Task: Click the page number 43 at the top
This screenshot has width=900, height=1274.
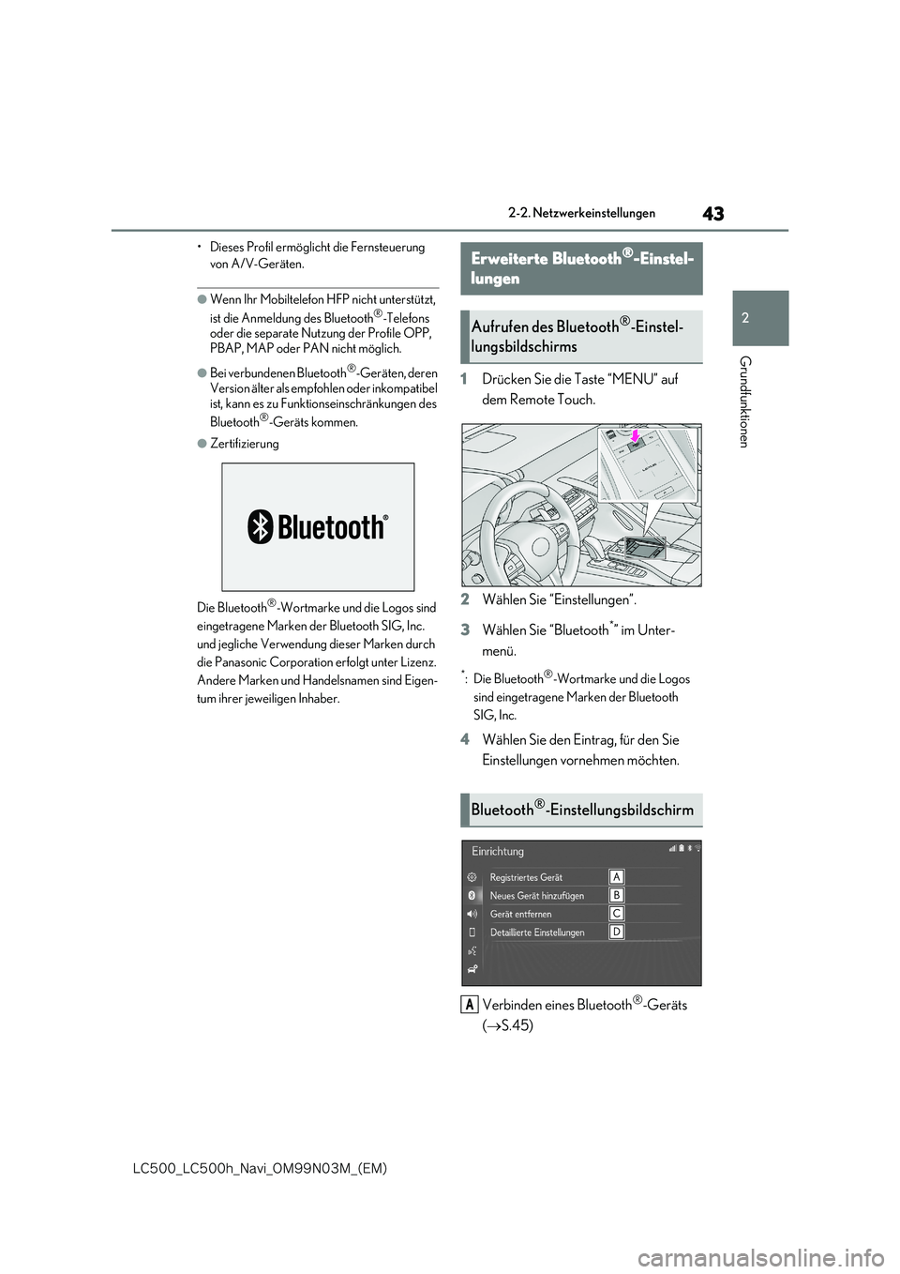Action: point(712,214)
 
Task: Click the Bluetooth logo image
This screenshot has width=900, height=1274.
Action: point(318,527)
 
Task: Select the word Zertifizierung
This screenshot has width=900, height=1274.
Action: point(244,444)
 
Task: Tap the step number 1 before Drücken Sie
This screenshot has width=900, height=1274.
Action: point(464,379)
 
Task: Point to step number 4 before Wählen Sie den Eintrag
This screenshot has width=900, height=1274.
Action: point(464,740)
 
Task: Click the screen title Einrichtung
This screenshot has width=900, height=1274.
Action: point(498,852)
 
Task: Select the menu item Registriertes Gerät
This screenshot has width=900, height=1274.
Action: point(526,877)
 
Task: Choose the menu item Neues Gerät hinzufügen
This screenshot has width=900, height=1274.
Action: point(536,896)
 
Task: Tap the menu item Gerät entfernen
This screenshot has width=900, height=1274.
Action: point(520,914)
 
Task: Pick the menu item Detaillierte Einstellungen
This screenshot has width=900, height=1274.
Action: point(537,933)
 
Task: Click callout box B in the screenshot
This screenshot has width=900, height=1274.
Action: point(617,895)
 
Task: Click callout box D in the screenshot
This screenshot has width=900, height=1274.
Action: point(617,932)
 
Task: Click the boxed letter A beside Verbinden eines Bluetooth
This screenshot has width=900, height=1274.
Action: point(469,1005)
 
